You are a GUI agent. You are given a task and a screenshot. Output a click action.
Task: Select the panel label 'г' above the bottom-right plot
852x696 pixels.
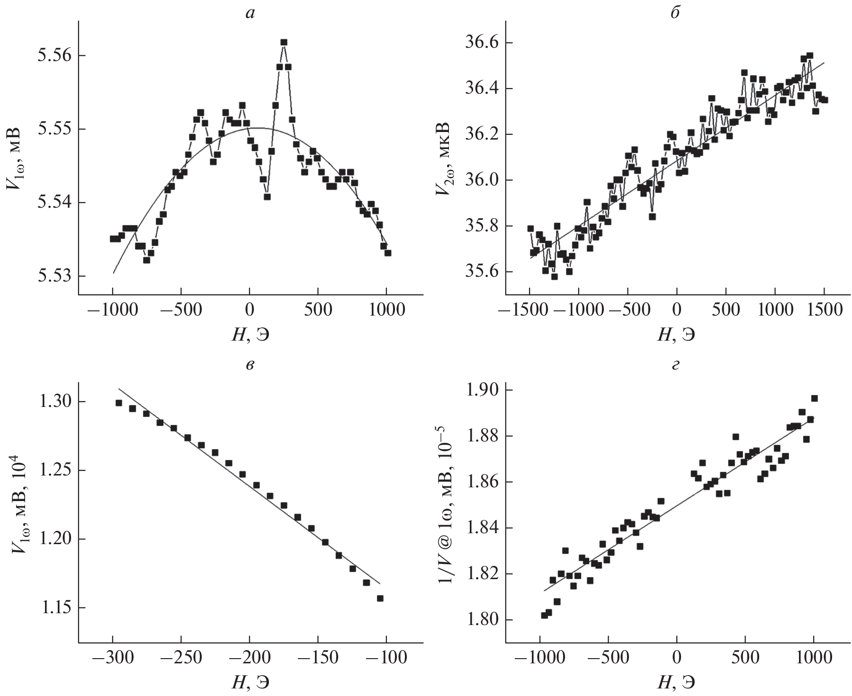[x=676, y=363]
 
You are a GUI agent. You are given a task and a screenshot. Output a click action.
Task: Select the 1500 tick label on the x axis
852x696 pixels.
[x=825, y=310]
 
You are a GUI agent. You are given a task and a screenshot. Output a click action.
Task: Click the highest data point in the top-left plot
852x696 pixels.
[x=284, y=42]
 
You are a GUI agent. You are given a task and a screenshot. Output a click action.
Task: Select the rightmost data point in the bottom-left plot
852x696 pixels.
[x=380, y=598]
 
